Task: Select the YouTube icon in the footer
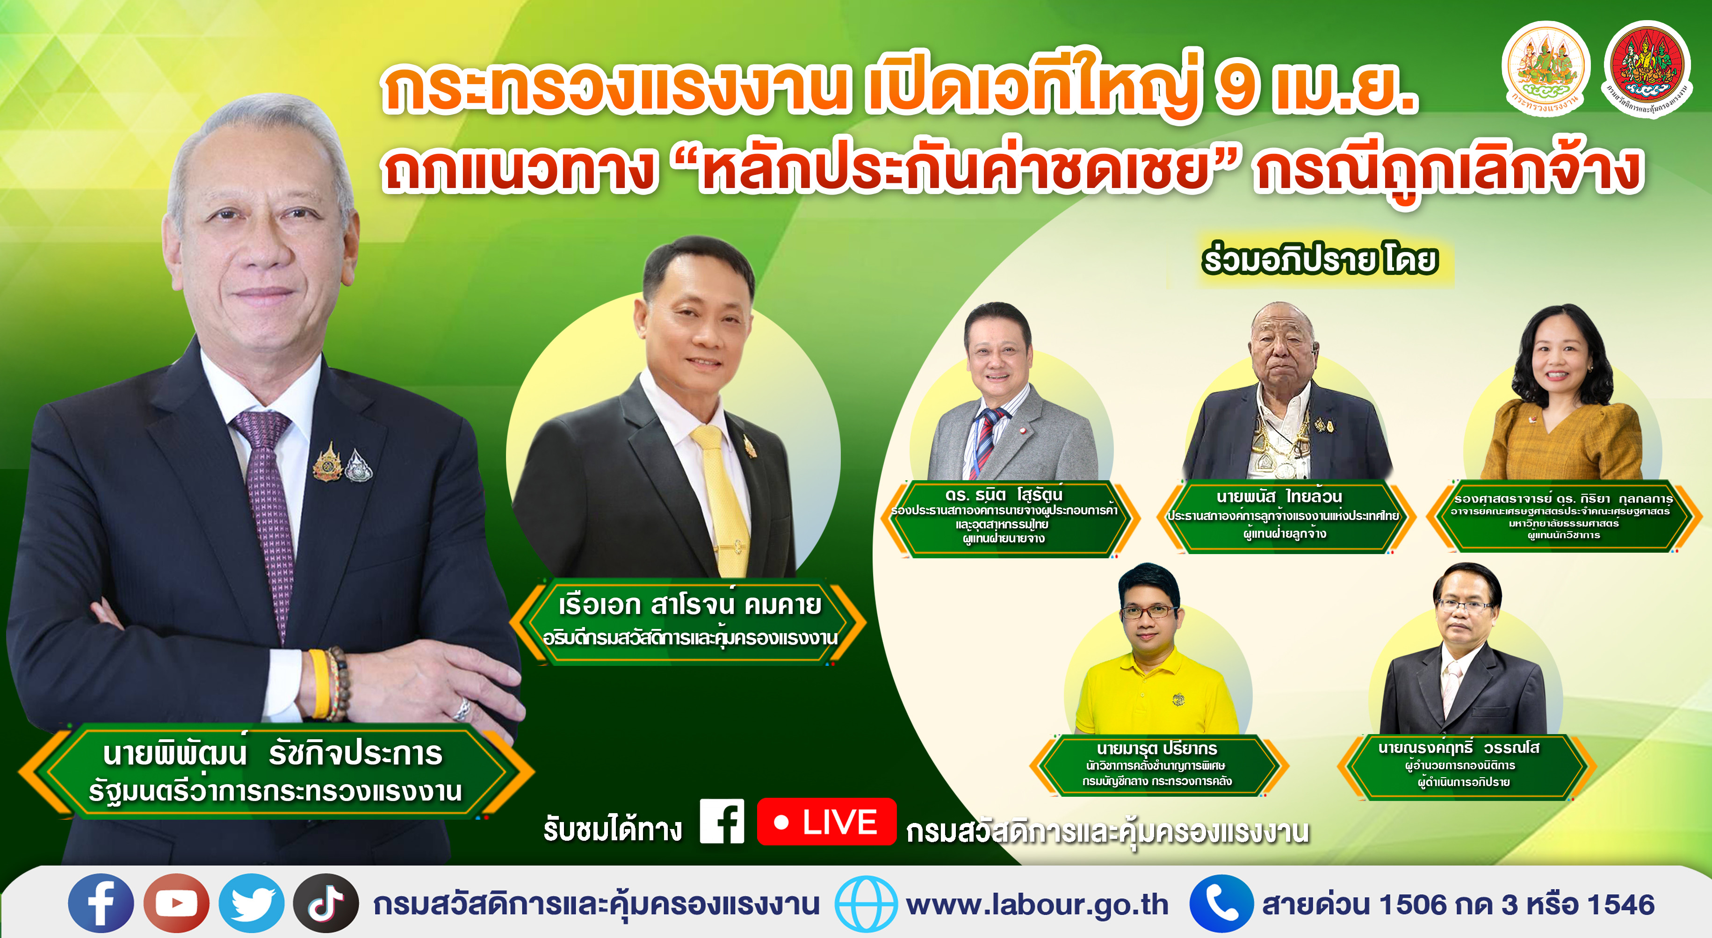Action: (x=176, y=903)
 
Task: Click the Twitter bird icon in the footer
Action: (x=251, y=903)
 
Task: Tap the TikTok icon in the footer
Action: (x=325, y=903)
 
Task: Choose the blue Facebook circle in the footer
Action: (x=101, y=903)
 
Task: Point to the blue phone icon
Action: (x=1221, y=903)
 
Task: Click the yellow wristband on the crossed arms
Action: (x=319, y=684)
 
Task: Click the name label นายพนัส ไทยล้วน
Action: (x=1279, y=497)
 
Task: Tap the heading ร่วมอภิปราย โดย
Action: (x=1320, y=259)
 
